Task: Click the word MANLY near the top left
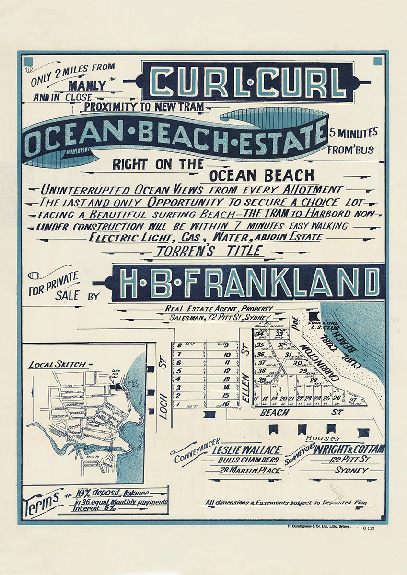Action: [x=87, y=86]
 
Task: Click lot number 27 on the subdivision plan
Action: [x=352, y=399]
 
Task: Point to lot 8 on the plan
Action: [x=179, y=345]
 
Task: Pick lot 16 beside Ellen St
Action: [x=227, y=404]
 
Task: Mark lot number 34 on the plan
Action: [x=260, y=334]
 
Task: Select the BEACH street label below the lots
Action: [x=274, y=412]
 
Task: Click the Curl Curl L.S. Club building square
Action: [x=314, y=316]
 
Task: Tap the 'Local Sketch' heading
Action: [x=57, y=364]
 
